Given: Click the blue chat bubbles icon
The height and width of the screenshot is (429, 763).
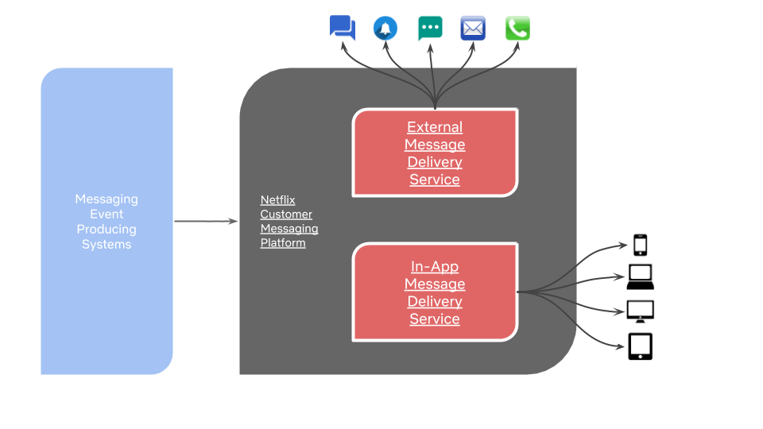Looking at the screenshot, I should [x=343, y=28].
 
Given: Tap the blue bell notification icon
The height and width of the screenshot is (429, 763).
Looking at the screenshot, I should [x=385, y=29].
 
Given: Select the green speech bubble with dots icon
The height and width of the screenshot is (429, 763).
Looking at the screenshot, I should [x=430, y=28].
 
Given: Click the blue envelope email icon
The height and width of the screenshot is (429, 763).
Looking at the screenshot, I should [x=473, y=29].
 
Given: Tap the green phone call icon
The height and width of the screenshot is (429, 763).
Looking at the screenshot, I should [x=517, y=29].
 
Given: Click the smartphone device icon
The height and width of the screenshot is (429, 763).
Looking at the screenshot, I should [x=641, y=244].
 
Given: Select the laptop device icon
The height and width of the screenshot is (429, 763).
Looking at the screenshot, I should [x=640, y=276].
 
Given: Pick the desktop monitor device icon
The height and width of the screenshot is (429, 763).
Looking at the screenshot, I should [x=640, y=311].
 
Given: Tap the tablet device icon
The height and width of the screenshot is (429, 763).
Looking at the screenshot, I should [x=641, y=346].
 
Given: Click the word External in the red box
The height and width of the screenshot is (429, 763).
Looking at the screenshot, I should [x=435, y=127].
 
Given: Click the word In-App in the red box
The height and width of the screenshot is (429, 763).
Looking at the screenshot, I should [x=435, y=267].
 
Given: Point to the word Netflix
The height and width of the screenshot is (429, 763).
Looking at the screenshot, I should [x=277, y=200].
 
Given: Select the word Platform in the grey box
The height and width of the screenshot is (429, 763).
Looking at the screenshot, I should [x=283, y=243].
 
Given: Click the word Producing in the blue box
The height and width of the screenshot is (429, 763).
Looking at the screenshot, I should [x=107, y=230].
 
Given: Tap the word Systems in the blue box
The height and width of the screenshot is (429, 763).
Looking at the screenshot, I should [x=107, y=245].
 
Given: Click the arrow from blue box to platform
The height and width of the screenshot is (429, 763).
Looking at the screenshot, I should [x=206, y=222].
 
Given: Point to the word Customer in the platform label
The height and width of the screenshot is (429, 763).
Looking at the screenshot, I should [x=286, y=214].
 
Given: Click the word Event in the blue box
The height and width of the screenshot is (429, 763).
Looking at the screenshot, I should [x=107, y=214].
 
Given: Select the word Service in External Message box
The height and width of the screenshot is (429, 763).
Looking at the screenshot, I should [x=435, y=180].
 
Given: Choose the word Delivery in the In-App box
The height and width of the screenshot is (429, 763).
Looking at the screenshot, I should [x=435, y=302].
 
